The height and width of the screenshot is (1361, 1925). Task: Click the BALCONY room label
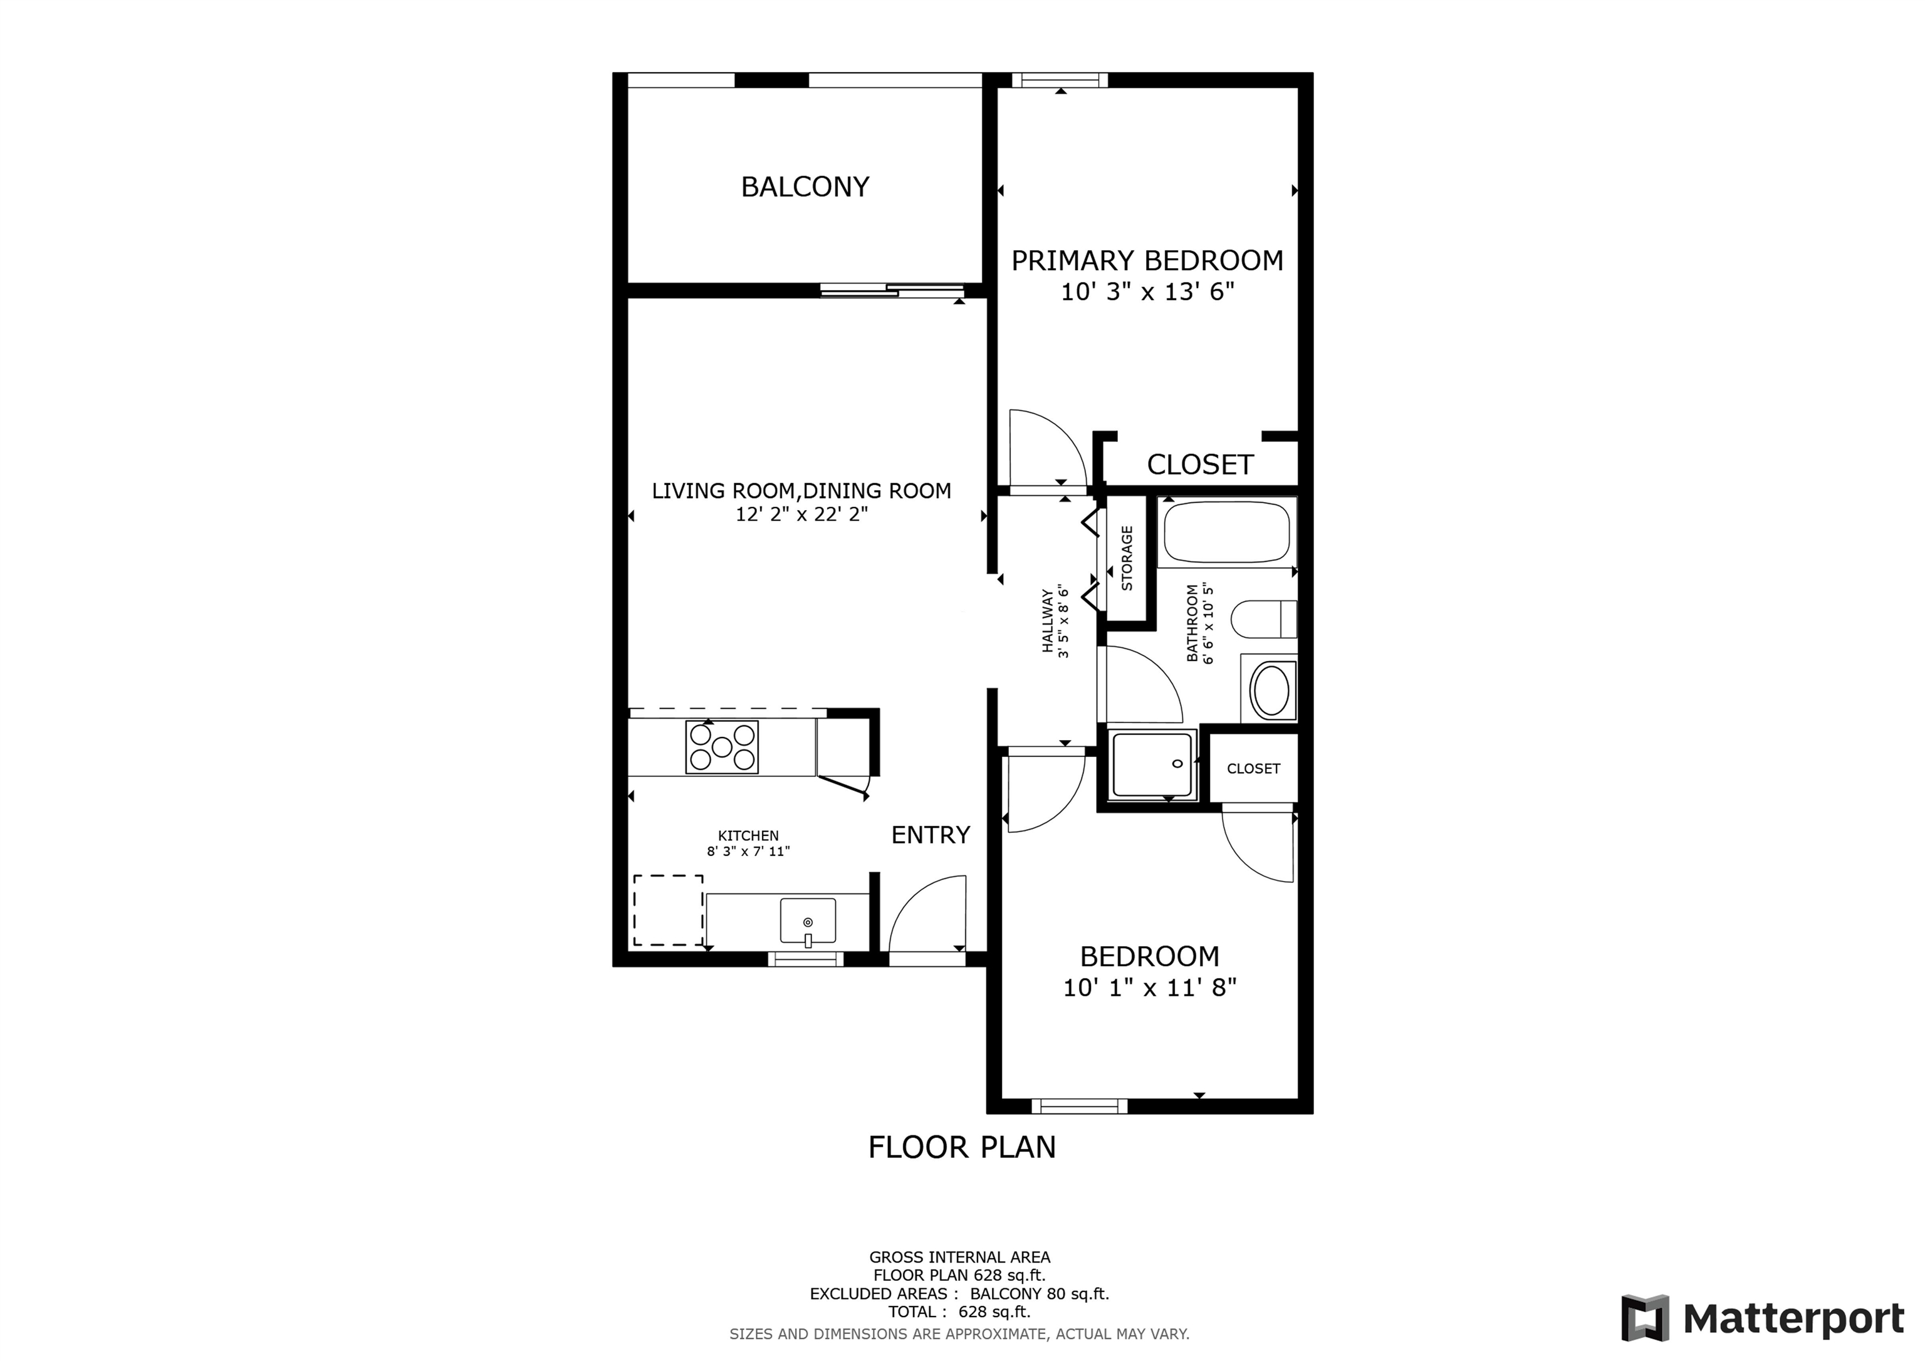click(x=805, y=186)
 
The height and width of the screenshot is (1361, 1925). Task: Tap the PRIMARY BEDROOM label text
click(x=1147, y=261)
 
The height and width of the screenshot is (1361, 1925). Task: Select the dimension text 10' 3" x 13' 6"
click(x=1148, y=292)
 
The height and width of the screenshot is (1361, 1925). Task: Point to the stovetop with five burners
click(x=722, y=746)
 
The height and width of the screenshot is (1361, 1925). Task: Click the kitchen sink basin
click(x=807, y=920)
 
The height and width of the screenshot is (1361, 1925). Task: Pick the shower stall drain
click(x=1177, y=763)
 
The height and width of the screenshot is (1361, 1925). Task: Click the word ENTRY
click(x=931, y=835)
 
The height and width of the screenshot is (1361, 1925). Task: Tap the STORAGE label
click(x=1127, y=558)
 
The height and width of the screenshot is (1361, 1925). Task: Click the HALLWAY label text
click(x=1047, y=620)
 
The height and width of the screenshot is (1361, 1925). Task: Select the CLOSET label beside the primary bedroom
click(x=1200, y=464)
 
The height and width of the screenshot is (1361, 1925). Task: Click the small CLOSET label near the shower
click(x=1253, y=768)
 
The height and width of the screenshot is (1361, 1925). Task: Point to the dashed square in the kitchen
click(x=668, y=910)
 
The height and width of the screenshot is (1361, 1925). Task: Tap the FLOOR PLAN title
click(x=962, y=1147)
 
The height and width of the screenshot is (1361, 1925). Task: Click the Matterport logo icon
click(x=1645, y=1318)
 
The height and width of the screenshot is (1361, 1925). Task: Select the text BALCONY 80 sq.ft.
click(x=1040, y=1294)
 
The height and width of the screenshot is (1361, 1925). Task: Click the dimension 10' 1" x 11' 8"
click(x=1149, y=988)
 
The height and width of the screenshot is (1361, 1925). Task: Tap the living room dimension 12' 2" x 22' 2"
click(x=801, y=514)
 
